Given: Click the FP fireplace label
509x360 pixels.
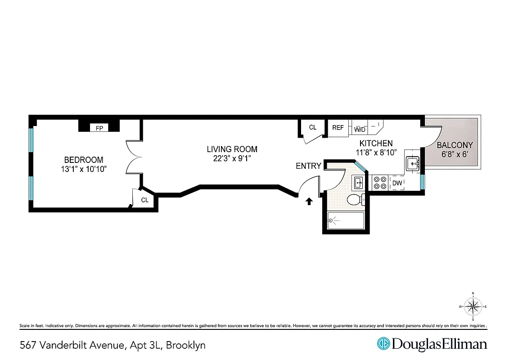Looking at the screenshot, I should tap(99, 128).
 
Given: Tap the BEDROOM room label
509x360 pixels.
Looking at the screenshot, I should tap(84, 160).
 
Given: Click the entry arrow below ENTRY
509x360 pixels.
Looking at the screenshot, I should tap(309, 201).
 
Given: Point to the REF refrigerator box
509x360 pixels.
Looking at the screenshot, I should tap(338, 128).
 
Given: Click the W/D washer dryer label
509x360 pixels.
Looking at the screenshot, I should tap(360, 130).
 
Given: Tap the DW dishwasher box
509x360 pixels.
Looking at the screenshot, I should tap(397, 183).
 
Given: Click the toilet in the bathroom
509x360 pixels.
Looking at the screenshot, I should tap(355, 199).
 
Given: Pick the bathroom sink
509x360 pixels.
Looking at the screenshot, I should tap(358, 183).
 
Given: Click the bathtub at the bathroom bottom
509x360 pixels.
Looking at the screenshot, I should tap(345, 220).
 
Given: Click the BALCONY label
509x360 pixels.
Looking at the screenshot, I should tap(455, 145).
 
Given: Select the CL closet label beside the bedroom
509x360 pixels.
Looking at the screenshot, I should tap(145, 200).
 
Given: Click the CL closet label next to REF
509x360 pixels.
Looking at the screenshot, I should tap(313, 127).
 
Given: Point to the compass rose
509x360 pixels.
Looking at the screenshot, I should tap(473, 307).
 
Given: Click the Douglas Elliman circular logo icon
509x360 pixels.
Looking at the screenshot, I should tap(383, 344).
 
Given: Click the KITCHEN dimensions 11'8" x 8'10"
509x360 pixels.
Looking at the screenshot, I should tap(377, 153).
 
